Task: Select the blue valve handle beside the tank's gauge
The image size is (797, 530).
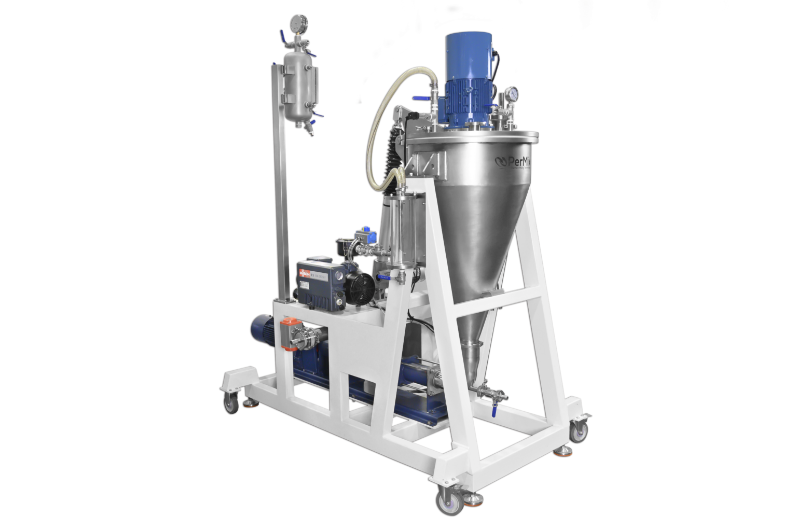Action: coord(282,38)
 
